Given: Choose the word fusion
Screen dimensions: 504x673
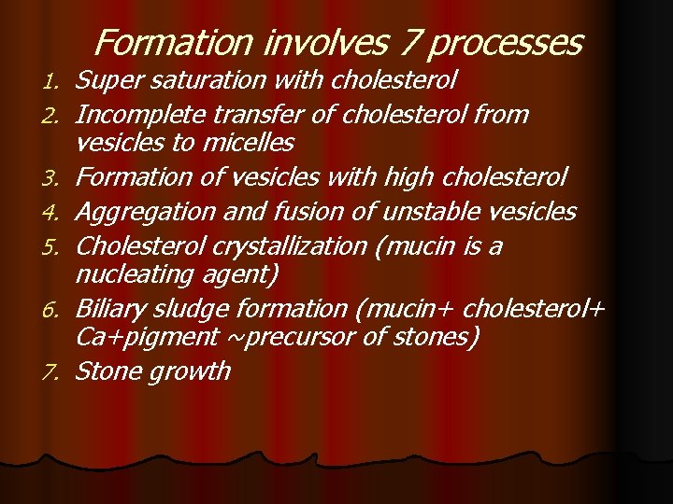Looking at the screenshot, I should pos(292,212).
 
